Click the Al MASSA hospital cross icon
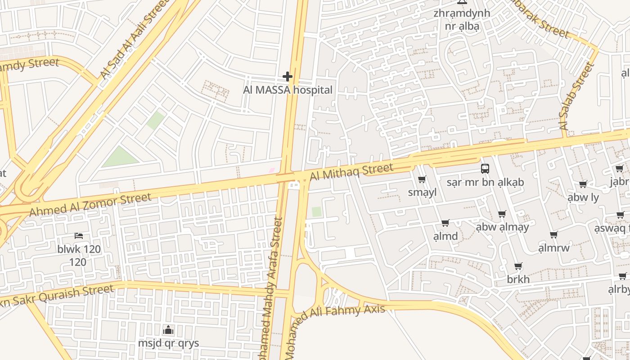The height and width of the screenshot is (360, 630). tap(288, 76)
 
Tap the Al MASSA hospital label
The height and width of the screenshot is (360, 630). tap(288, 90)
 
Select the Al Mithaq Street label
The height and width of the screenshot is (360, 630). tap(351, 171)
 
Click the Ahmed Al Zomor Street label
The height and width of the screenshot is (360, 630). tap(90, 205)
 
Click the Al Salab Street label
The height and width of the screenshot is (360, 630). tap(577, 97)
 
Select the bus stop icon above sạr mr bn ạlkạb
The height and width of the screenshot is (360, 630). tap(485, 169)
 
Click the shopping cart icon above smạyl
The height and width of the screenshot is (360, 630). tap(422, 180)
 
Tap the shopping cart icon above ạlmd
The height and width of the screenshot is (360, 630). tap(445, 223)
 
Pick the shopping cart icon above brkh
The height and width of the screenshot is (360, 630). tap(518, 266)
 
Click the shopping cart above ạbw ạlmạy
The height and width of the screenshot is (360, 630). tap(502, 214)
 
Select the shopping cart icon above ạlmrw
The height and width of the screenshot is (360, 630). tap(553, 234)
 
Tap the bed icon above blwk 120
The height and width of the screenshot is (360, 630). tap(79, 236)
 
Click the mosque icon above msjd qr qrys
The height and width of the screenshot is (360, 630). tap(168, 330)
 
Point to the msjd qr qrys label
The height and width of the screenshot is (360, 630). tap(168, 343)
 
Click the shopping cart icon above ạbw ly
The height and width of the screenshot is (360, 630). tap(583, 184)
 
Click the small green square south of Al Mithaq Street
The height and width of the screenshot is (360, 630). tap(317, 211)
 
